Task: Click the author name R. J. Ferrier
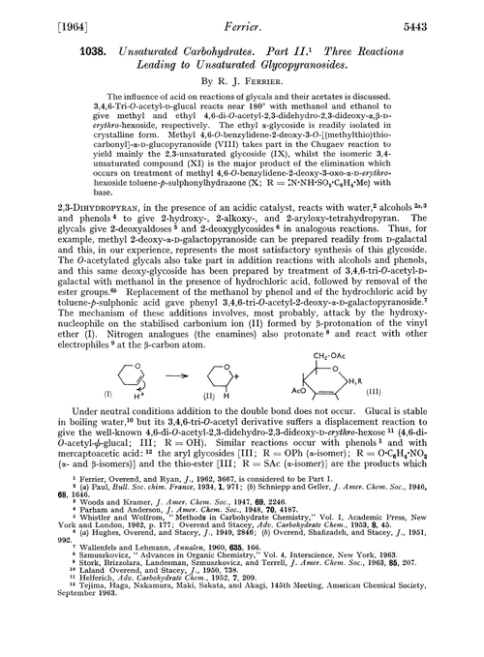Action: point(254,85)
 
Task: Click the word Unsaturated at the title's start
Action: point(108,48)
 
